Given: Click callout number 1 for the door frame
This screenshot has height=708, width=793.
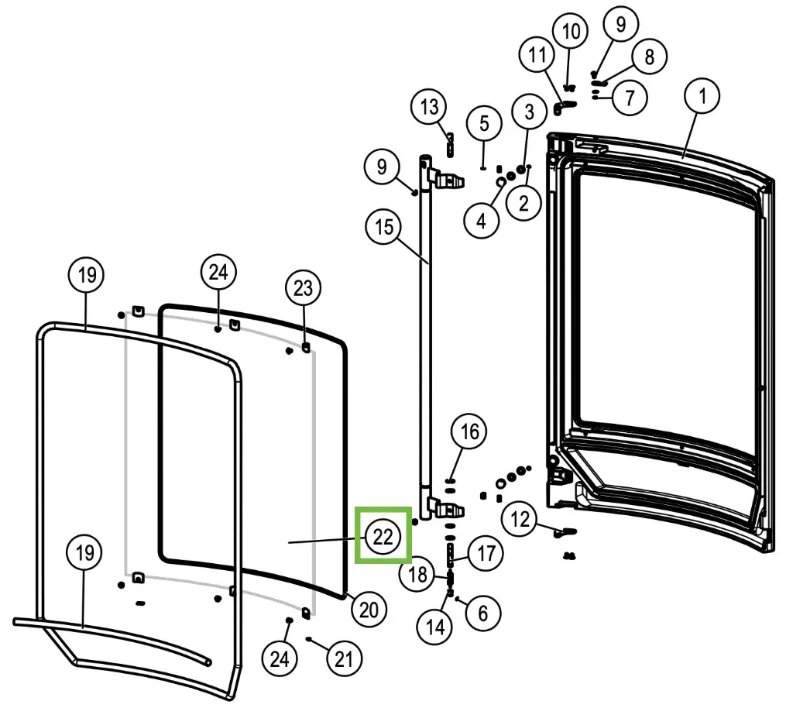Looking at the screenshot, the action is tap(702, 95).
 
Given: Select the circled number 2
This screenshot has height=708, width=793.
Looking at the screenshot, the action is tap(524, 203).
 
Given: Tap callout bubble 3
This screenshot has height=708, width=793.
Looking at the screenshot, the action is tap(529, 112).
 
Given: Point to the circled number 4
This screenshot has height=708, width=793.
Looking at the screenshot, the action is tap(482, 221).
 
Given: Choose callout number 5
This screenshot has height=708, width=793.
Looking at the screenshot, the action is tap(484, 123).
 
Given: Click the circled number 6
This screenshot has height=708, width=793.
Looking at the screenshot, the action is tap(483, 613).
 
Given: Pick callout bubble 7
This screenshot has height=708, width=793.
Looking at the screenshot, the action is tap(630, 97).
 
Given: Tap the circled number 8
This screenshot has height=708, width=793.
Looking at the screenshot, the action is tap(650, 57).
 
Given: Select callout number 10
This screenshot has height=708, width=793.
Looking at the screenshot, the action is tap(571, 31).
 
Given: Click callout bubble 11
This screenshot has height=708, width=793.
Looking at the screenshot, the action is tap(537, 55).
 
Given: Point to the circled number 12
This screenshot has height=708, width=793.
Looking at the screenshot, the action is tap(520, 519).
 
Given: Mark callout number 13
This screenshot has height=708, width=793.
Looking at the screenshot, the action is tap(429, 107).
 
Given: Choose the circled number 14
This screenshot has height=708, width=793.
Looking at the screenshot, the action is tap(435, 627).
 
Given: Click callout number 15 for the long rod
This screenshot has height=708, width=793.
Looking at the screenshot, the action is tap(383, 226).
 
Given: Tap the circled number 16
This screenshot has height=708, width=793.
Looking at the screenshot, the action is tap(469, 432).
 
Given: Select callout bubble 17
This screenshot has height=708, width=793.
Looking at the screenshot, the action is tap(486, 553).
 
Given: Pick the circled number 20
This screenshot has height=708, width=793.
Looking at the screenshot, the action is tap(369, 610).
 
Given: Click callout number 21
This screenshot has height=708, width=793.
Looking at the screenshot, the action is tap(344, 658).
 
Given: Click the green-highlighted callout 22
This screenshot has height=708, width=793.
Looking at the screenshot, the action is tap(383, 536).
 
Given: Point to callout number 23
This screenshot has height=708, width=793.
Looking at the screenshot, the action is tap(304, 288).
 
